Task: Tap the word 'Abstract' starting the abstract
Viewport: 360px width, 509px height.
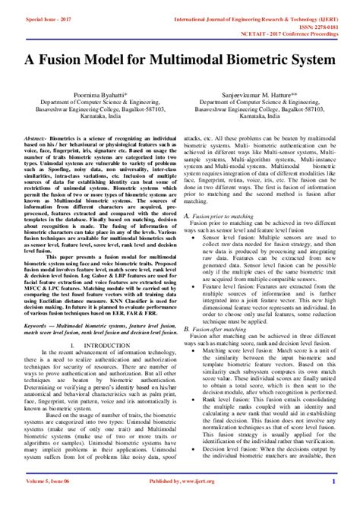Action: coord(34,139)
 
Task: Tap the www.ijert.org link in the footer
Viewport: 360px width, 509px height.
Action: coord(201,502)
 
